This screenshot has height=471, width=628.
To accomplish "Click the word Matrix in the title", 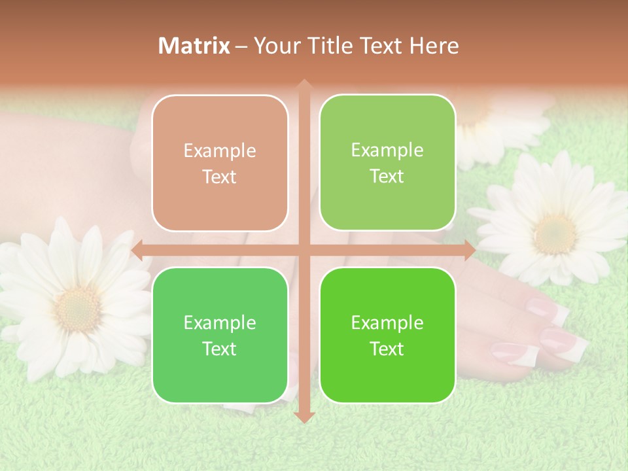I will point(194,46).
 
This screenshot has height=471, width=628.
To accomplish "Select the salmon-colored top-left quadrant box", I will point(220,164).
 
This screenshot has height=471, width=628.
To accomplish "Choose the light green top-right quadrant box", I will point(387,163).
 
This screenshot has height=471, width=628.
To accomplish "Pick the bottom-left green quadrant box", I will point(220,335).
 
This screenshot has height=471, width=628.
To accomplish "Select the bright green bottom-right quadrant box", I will point(387,335).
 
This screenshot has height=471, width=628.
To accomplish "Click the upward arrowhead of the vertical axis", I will point(304,84).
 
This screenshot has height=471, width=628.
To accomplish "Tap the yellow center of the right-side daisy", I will point(555,234).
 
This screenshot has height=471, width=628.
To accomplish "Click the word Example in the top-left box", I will point(220,151).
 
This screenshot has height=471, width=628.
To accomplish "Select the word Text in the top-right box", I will point(387,177).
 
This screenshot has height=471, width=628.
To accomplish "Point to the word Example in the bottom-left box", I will point(220,323).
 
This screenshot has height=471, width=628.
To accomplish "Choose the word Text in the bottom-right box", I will point(387,349).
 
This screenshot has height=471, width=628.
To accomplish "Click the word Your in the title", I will point(276,46).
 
